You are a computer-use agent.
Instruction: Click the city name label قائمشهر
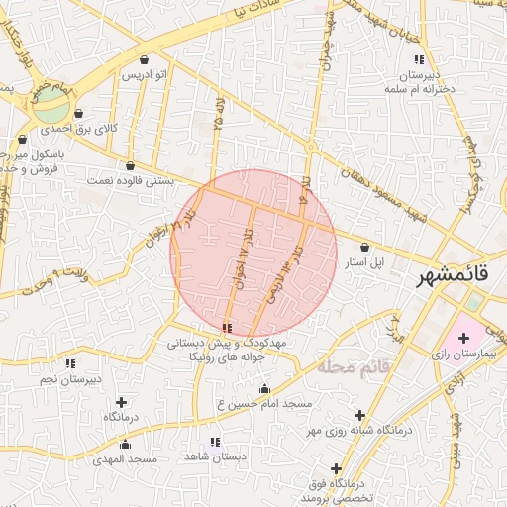click(455, 276)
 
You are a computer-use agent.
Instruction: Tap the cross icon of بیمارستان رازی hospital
click(463, 339)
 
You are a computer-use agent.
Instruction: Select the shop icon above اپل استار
click(365, 248)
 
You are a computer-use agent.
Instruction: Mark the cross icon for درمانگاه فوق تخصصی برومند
click(337, 468)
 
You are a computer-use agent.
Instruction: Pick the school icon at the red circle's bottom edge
click(228, 327)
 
